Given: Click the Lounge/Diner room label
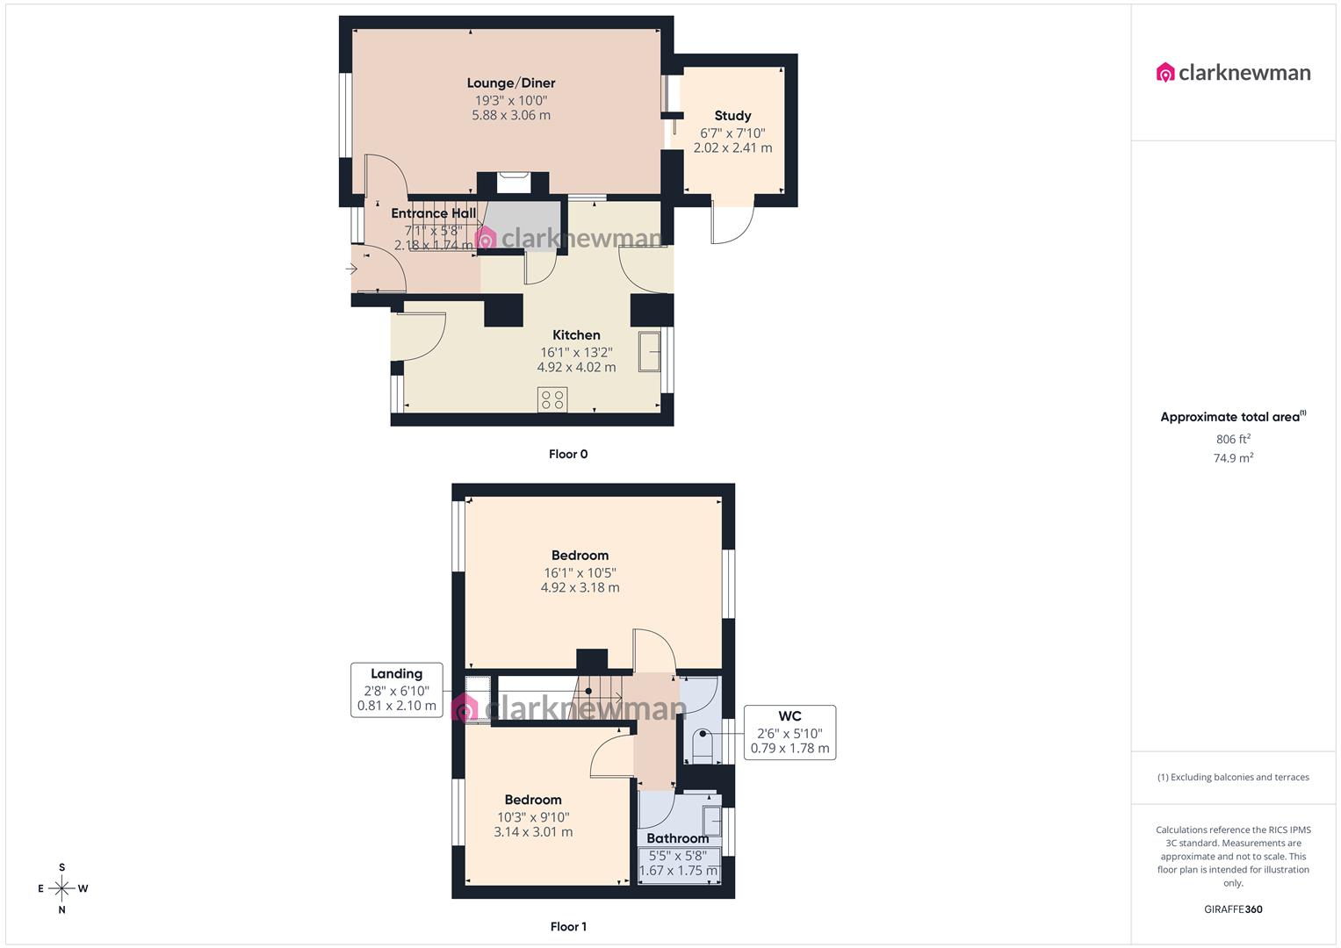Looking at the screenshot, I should point(510,83).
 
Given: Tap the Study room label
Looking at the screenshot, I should point(732,116).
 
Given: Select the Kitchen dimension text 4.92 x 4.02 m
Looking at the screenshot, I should point(576,368).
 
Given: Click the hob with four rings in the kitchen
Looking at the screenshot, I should point(552,400).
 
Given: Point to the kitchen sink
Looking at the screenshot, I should point(649,351).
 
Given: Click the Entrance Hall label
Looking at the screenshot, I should point(433,213).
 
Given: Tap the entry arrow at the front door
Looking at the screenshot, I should point(352,269).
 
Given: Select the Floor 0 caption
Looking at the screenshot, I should point(568,454).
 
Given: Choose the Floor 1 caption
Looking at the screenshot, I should point(568,926).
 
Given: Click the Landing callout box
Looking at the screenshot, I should point(397,690).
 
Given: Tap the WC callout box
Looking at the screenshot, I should point(789,732).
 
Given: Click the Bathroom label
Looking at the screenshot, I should point(677,838).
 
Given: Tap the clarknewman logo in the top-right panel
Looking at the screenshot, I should point(1233,72).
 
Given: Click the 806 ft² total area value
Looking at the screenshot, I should point(1233,439).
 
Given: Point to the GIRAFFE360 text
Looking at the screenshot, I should point(1233,909).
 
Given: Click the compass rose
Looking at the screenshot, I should point(61,888).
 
